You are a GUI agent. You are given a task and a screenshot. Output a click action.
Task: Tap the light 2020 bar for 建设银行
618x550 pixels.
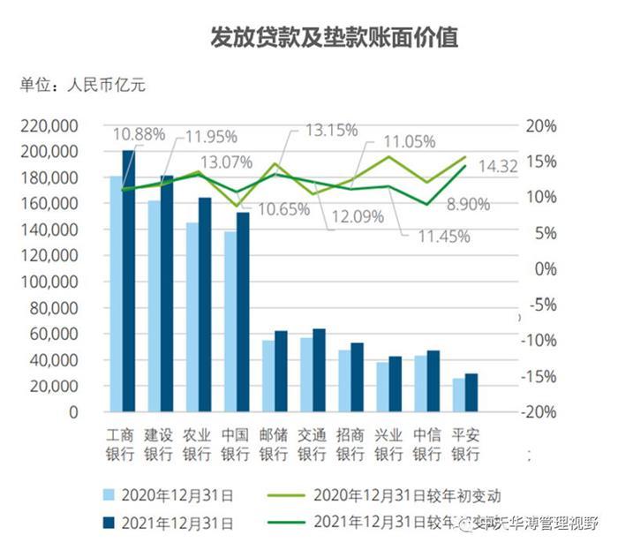click(154, 305)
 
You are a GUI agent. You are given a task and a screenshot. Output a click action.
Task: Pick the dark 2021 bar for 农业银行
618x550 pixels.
click(205, 305)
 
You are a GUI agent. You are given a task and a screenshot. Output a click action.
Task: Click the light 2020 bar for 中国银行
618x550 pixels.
click(230, 321)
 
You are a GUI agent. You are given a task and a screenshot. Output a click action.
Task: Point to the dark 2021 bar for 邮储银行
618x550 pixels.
click(281, 372)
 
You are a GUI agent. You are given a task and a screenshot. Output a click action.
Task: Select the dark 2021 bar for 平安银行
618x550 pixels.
click(471, 393)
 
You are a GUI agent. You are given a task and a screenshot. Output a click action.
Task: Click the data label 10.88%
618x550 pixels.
click(139, 134)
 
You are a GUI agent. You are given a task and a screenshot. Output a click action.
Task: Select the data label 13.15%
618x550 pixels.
click(331, 131)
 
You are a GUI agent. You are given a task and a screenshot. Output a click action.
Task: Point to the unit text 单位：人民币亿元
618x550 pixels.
click(81, 86)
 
